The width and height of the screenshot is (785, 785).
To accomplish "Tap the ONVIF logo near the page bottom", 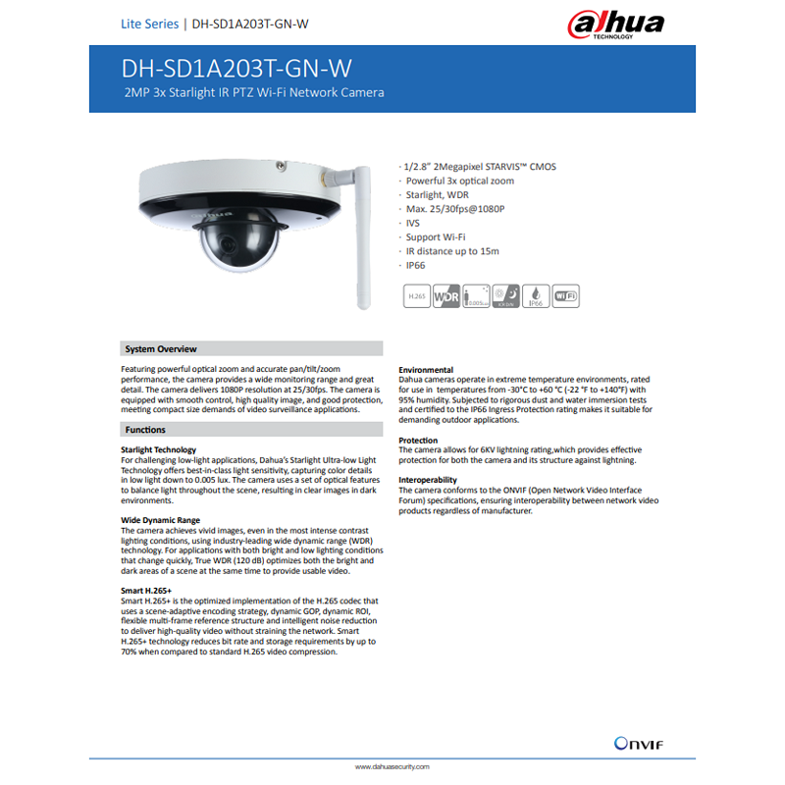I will (x=639, y=743).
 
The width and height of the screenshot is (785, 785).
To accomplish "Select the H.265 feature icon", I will (x=417, y=296).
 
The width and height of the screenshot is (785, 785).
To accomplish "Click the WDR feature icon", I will (x=446, y=296).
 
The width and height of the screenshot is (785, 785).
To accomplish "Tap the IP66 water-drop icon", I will (x=537, y=296).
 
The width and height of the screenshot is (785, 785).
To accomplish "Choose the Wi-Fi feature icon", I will (x=566, y=296).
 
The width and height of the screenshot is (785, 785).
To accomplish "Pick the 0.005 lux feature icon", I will (x=476, y=296).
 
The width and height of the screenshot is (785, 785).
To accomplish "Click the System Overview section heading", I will (x=161, y=349).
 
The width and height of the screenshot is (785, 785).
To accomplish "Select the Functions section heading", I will (x=145, y=430).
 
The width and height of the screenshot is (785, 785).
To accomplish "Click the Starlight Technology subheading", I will (x=159, y=449).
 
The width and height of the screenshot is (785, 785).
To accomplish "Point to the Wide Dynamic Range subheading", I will (x=160, y=520).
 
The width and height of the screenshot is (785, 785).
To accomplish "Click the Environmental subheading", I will (x=426, y=369).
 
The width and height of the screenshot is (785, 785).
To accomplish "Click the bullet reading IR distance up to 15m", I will (x=452, y=251).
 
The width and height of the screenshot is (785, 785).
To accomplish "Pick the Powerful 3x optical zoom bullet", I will (x=460, y=182).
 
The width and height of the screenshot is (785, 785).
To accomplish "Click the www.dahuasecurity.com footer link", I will (x=392, y=766).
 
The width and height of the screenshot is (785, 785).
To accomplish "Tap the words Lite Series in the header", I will (x=149, y=23).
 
